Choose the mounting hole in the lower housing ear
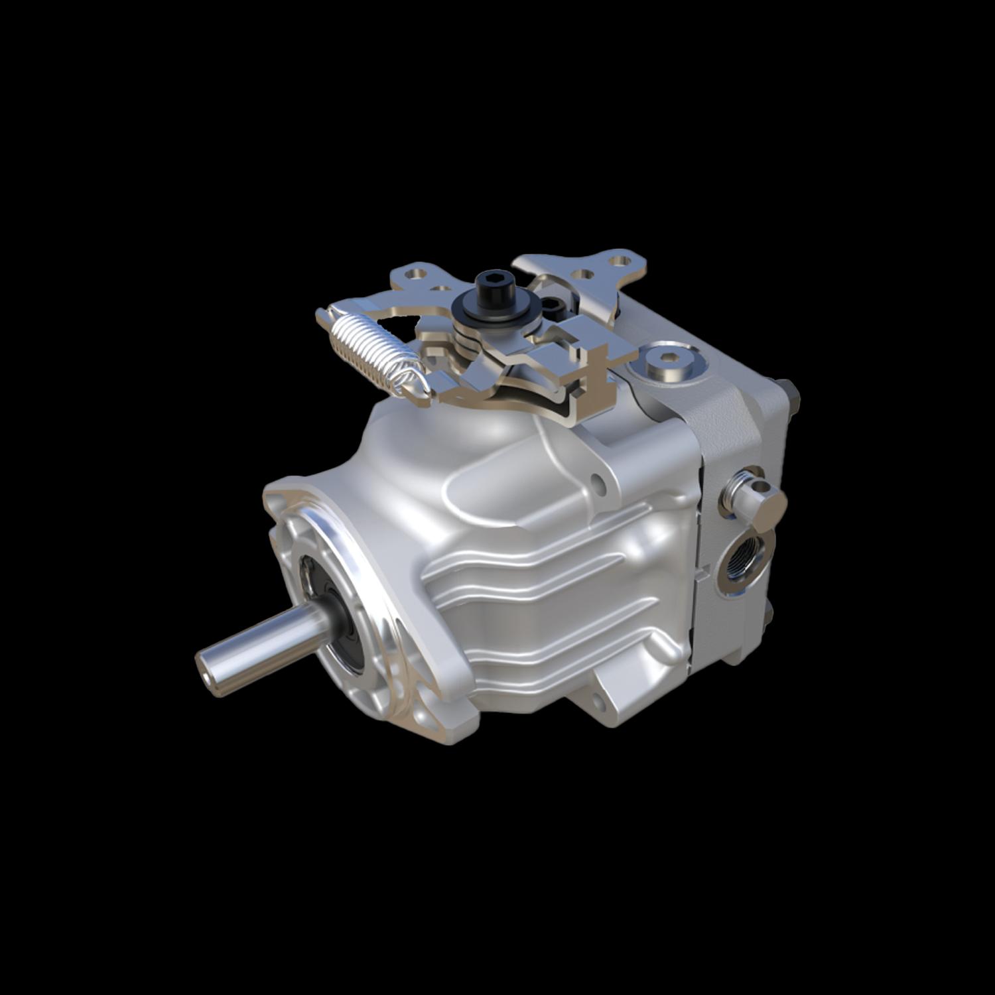coord(600,700)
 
